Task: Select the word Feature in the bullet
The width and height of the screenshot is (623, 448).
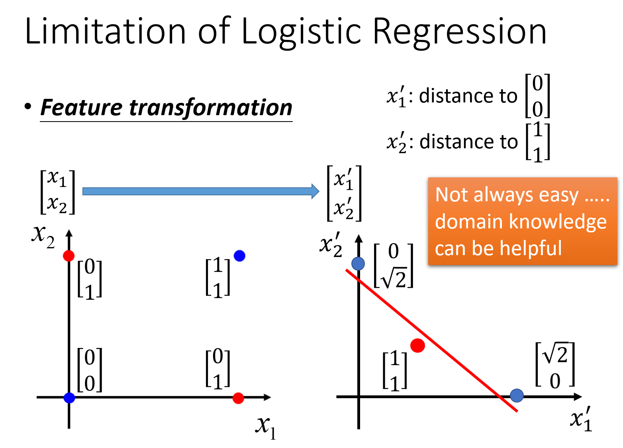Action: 81,108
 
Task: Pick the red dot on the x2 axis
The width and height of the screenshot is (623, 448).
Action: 69,255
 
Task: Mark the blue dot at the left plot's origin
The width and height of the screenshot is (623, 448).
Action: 69,397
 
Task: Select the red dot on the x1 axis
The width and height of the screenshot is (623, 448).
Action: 238,398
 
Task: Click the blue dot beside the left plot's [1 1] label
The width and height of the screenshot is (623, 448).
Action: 239,255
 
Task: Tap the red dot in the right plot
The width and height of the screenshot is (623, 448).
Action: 417,345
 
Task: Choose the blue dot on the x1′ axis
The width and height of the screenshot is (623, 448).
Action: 517,395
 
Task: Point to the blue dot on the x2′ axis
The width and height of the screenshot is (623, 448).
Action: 358,263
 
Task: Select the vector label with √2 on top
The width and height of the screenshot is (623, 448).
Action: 555,364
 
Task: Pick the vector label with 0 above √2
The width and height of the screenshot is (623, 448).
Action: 394,265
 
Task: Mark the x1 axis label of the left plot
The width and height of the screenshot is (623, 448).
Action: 266,426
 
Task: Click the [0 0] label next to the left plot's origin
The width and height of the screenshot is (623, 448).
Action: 90,369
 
